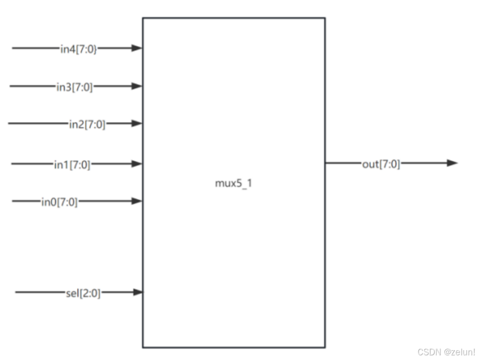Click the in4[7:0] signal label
click(78, 49)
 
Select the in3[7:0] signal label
click(75, 86)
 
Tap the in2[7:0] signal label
click(87, 124)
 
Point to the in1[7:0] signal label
click(72, 164)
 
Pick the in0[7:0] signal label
click(59, 202)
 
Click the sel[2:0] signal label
click(80, 293)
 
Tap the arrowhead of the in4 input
click(136, 49)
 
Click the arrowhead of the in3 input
click(136, 86)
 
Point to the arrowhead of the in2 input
click(136, 124)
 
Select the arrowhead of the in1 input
click(136, 164)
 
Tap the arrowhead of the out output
click(452, 163)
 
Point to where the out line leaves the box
click(326, 163)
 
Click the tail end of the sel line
click(16, 293)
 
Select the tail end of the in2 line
click(9, 124)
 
